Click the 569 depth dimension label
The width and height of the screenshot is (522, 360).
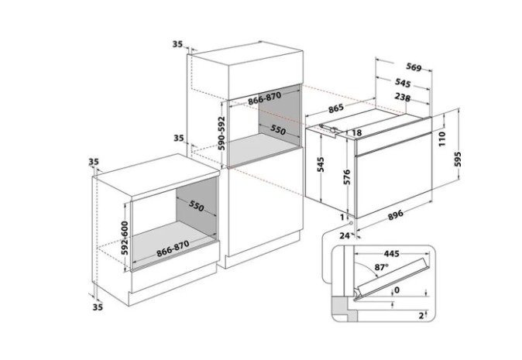tap(414, 67)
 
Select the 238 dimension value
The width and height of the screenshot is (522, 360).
tap(403, 97)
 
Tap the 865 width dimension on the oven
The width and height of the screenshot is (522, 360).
tap(335, 108)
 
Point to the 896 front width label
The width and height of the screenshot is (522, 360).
tap(396, 215)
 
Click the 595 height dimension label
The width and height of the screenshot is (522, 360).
tap(458, 159)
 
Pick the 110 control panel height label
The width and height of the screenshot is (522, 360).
tap(441, 139)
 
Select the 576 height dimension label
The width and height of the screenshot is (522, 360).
tap(347, 177)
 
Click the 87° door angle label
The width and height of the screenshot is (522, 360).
tap(382, 267)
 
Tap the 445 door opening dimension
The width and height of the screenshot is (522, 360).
tap(392, 254)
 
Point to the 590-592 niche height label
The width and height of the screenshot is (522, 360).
tap(222, 133)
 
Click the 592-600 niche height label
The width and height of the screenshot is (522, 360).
tap(125, 238)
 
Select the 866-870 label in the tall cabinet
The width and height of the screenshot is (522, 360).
tap(265, 98)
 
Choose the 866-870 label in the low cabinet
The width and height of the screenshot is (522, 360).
tap(173, 249)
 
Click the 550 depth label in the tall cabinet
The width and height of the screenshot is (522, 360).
tap(277, 130)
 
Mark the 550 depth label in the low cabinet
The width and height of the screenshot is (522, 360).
tap(196, 206)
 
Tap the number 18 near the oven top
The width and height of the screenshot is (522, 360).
tap(356, 133)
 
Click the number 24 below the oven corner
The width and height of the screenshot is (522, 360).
tap(345, 236)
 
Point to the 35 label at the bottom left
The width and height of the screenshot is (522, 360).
tap(98, 307)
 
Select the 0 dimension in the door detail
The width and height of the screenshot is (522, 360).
tap(397, 290)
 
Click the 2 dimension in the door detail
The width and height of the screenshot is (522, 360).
tap(421, 315)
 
